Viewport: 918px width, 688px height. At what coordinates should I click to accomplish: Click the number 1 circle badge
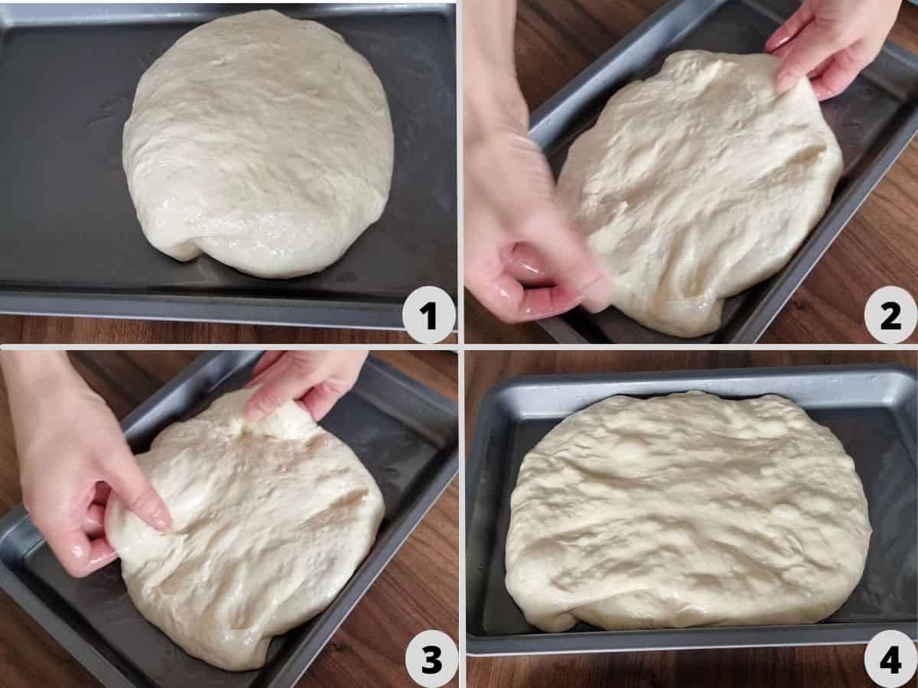click(x=428, y=314)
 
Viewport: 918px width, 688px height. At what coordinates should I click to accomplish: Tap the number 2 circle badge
click(x=890, y=314)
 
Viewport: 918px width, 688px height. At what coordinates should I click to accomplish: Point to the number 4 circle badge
click(x=890, y=659)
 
